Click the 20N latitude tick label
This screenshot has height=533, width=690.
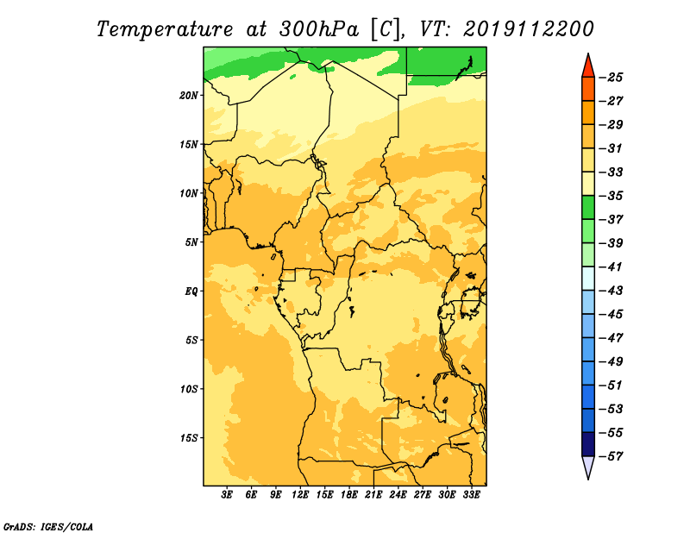(x=189, y=96)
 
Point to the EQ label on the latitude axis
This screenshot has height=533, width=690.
(x=191, y=292)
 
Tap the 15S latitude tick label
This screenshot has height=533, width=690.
(x=189, y=438)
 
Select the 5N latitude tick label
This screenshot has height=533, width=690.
(x=191, y=242)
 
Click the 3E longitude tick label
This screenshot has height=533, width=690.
(x=227, y=494)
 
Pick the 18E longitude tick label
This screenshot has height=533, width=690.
(x=349, y=494)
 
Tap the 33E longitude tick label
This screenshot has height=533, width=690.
(x=471, y=494)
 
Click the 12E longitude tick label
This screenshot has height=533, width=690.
(x=300, y=494)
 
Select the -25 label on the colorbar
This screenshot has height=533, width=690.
(x=612, y=78)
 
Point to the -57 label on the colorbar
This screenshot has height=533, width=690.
(x=612, y=456)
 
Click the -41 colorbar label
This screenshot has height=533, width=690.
(x=612, y=267)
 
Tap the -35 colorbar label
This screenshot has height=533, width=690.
(x=612, y=196)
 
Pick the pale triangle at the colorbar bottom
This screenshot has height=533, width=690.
(x=588, y=466)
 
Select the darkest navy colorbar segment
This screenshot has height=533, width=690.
(x=588, y=444)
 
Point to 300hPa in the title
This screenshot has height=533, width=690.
(x=318, y=29)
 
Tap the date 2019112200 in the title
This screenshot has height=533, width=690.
(x=529, y=29)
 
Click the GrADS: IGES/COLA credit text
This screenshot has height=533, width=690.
(x=48, y=526)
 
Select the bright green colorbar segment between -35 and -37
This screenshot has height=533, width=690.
(x=588, y=208)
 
